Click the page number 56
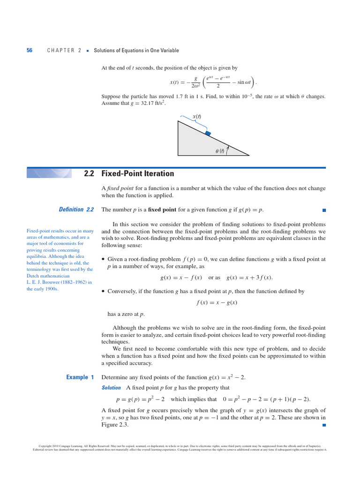tap(30, 51)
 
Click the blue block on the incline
tap(208, 134)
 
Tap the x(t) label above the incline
tap(197, 116)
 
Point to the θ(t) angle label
tap(219, 151)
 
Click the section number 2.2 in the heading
tap(89, 173)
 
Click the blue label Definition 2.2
tap(76, 210)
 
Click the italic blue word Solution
tap(112, 388)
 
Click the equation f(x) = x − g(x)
tap(217, 302)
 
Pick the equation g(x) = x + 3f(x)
tap(249, 277)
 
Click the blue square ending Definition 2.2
tap(324, 210)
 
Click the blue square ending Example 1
tap(324, 425)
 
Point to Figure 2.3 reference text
tap(115, 425)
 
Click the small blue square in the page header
tap(88, 51)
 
